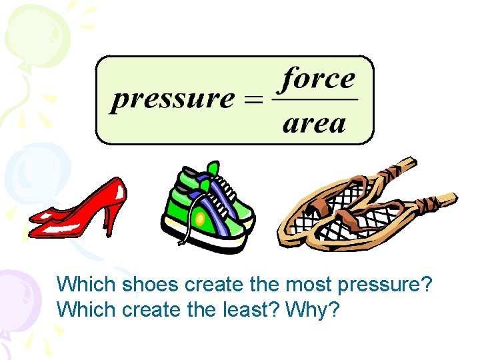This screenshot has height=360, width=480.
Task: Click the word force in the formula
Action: [317, 79]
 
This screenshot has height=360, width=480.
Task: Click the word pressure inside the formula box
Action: [173, 101]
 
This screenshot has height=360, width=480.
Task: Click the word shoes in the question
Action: [151, 285]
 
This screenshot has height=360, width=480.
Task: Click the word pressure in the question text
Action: [385, 286]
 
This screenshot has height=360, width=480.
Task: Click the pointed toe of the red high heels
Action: [33, 219]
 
